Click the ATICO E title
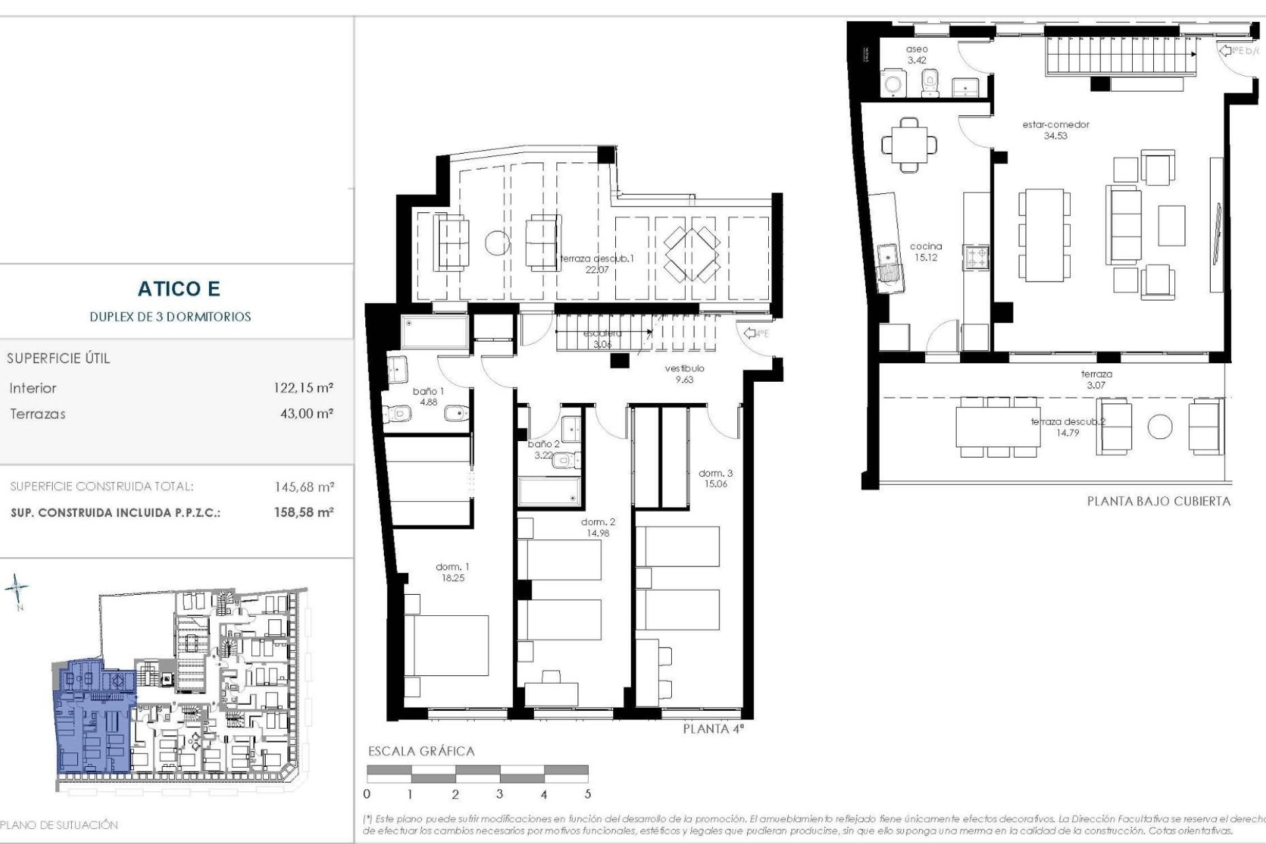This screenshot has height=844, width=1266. pos(179,289)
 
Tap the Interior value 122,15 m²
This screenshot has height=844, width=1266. pos(303,388)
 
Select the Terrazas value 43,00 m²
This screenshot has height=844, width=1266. pos(307,414)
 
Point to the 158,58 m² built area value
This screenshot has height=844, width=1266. pos(304,512)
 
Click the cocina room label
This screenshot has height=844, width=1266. pos(926,247)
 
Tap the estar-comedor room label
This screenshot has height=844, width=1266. pos(1056,125)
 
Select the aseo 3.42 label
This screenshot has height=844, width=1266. pos(917,54)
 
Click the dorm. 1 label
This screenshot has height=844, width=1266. pos(452,567)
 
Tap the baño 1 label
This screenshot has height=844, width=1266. pos(428,392)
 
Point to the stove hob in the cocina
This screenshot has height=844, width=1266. pos(977,257)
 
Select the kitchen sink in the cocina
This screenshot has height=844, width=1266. pos(889,262)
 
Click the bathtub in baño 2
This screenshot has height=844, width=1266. pos(549,491)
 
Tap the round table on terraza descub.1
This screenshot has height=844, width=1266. pos(498,243)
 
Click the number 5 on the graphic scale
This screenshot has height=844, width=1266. pos(588,794)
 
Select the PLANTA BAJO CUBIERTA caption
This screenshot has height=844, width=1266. pos(1159,501)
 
